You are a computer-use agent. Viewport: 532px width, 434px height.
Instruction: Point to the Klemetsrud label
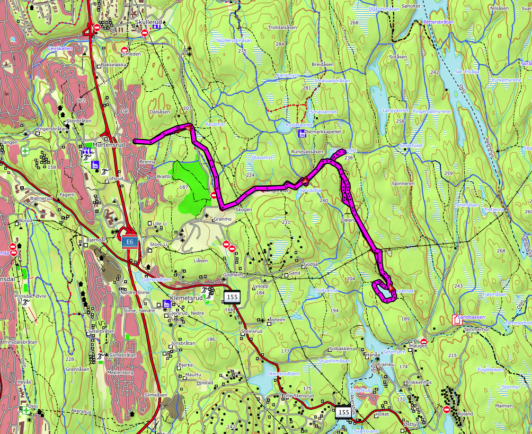(187, 298)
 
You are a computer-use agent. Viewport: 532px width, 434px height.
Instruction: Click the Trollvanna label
(326, 290)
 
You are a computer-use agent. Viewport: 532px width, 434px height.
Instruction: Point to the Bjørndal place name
(95, 240)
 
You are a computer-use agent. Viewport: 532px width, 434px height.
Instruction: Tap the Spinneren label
(403, 183)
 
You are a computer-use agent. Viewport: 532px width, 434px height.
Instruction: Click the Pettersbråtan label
(438, 22)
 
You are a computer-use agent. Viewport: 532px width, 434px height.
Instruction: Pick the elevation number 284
(280, 44)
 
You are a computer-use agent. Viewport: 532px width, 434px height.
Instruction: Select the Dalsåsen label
(159, 112)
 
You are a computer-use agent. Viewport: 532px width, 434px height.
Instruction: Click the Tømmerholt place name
(475, 329)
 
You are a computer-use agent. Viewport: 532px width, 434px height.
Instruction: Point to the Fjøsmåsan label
(495, 294)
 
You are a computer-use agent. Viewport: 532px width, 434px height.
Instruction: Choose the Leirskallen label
(59, 48)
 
